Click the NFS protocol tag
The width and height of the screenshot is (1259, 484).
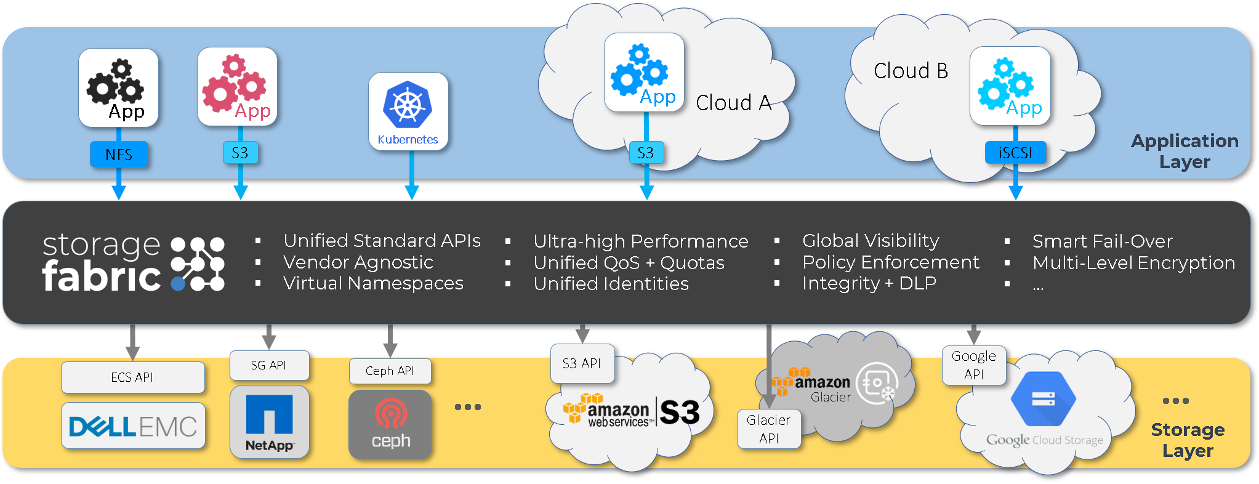pyautogui.click(x=119, y=154)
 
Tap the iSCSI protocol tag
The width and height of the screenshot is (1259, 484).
pyautogui.click(x=1015, y=152)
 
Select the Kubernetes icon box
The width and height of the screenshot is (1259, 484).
pyautogui.click(x=408, y=111)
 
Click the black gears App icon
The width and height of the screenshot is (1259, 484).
pyautogui.click(x=118, y=88)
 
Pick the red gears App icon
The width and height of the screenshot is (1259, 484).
pyautogui.click(x=237, y=87)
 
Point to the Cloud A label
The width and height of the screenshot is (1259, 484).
pyautogui.click(x=734, y=103)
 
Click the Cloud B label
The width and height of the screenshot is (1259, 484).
pyautogui.click(x=911, y=71)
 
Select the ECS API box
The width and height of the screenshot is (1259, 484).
pyautogui.click(x=133, y=377)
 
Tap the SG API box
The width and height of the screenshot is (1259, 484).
pyautogui.click(x=269, y=365)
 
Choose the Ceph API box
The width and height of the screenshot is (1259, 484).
pyautogui.click(x=390, y=371)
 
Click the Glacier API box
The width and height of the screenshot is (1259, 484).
pyautogui.click(x=769, y=429)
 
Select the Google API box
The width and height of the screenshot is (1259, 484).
pyautogui.click(x=974, y=365)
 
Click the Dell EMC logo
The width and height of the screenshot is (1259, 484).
pyautogui.click(x=133, y=426)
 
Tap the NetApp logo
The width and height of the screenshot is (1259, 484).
pyautogui.click(x=269, y=422)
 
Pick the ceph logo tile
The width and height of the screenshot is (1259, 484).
pyautogui.click(x=390, y=424)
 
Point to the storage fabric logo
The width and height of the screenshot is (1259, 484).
pyautogui.click(x=133, y=262)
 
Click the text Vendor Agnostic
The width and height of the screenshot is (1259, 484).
pyautogui.click(x=358, y=262)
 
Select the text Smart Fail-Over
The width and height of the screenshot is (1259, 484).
pyautogui.click(x=1103, y=241)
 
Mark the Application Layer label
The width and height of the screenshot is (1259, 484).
pyautogui.click(x=1185, y=151)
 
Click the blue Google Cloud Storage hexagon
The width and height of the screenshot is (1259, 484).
pyautogui.click(x=1044, y=399)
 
